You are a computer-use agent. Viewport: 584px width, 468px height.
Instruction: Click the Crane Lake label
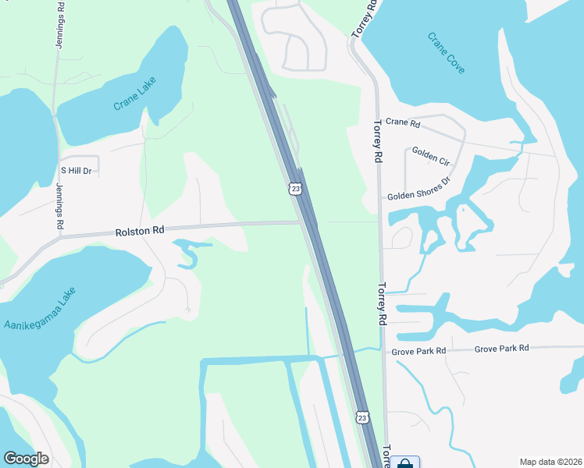pos(135,93)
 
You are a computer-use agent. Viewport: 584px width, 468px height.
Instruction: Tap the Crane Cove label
pos(447,53)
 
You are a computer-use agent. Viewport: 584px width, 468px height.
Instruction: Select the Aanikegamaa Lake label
pos(41,308)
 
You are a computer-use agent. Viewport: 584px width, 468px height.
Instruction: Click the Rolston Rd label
pos(140,231)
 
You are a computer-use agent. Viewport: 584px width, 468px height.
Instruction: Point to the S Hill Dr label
pos(76,170)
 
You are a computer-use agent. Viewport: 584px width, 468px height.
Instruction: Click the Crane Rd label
pos(403,123)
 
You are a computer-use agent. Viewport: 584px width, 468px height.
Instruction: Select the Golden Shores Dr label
pos(419,189)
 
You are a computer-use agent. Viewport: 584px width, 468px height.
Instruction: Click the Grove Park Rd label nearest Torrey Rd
pos(419,351)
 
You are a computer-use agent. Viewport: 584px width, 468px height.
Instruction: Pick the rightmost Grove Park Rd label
pos(501,348)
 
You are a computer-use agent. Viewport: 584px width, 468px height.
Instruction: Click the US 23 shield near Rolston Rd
pos(294,188)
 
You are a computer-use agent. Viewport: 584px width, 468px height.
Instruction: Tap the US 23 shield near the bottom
pos(361,418)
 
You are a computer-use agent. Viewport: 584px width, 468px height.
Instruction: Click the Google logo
pos(26,458)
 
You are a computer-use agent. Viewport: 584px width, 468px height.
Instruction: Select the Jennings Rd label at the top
pos(60,25)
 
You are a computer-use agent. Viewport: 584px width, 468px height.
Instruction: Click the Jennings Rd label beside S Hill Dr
pos(60,206)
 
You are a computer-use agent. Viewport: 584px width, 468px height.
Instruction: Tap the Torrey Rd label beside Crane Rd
pos(377,140)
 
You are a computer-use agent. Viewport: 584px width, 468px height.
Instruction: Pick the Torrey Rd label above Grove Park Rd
pos(383,303)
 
